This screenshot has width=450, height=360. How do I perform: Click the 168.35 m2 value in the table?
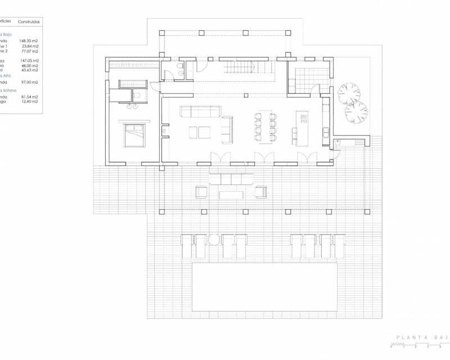coord(29,40)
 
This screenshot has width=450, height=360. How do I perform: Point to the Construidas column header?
coord(29,21)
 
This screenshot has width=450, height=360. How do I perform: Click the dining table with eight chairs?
coord(265,127)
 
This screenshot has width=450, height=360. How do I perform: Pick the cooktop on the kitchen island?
coord(304,119)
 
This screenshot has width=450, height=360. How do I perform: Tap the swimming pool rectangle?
coord(264,287)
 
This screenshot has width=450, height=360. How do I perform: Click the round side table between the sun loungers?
coord(214,240)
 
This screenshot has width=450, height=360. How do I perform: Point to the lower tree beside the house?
coord(355,112)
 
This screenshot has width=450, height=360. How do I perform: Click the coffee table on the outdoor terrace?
coord(231,195)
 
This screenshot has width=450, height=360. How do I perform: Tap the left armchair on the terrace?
coord(201,192)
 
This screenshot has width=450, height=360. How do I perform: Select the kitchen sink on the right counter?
coord(326,133)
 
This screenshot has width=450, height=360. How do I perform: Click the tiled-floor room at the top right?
coord(308,78)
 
